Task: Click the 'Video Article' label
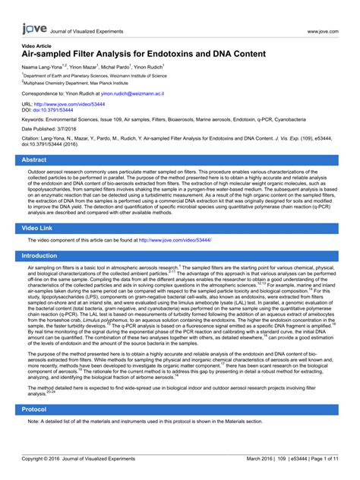[37, 46]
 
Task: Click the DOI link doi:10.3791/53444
[54, 110]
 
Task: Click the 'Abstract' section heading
[36, 160]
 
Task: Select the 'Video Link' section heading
[39, 228]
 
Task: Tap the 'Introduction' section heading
[39, 256]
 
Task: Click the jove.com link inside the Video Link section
[175, 240]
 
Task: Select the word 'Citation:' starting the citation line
[34, 141]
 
